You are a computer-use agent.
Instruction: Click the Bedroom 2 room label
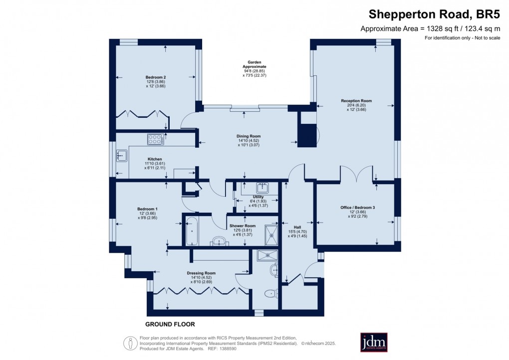point(156,77)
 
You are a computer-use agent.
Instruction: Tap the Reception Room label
point(356,101)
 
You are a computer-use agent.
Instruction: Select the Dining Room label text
point(248,136)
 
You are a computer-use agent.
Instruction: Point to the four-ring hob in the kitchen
point(156,140)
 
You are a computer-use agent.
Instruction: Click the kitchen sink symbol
point(121,156)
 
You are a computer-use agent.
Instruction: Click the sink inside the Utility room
point(262,188)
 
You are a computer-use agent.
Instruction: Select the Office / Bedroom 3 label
point(356,207)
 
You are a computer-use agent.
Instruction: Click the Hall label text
point(297,226)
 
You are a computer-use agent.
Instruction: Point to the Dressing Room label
point(201,273)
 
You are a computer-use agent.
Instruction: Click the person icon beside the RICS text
point(130,343)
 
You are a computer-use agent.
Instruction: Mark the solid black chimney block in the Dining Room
point(305,129)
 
